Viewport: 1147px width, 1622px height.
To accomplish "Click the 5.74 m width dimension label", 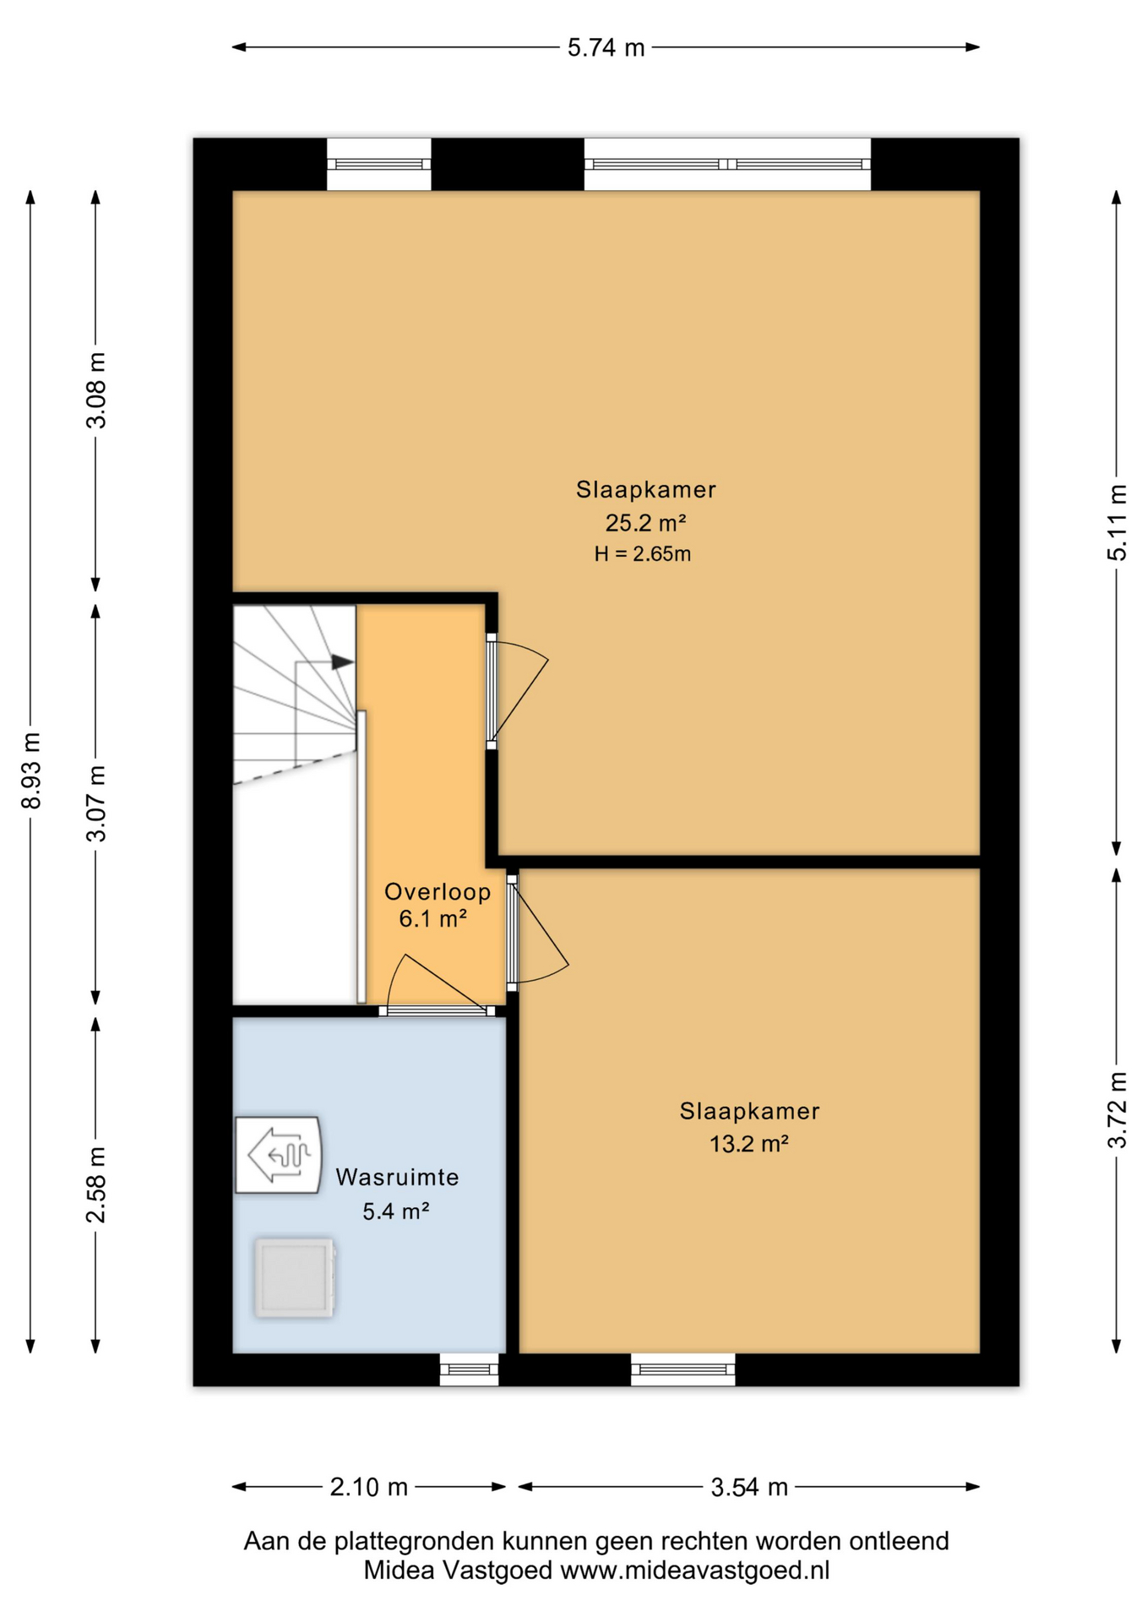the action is click(606, 48).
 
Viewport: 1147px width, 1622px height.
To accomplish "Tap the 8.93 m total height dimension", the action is click(31, 770).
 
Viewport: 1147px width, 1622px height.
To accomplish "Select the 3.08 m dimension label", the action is click(96, 390).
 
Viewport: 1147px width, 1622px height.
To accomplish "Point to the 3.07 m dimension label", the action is click(96, 803).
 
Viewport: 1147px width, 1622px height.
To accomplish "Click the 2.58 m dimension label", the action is click(96, 1184).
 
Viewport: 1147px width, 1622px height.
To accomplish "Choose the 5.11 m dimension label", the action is click(1117, 522).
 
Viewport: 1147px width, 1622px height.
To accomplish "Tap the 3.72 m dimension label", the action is click(1117, 1110).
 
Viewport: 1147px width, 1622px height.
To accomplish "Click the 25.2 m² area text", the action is click(645, 523).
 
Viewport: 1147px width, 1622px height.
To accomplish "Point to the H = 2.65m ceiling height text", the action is click(643, 554).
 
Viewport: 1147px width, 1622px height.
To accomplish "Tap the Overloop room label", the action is click(438, 891).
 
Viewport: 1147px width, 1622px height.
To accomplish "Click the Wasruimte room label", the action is click(397, 1177).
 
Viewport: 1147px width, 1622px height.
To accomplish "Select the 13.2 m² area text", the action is click(749, 1144).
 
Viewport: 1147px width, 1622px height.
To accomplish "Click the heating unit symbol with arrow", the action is click(278, 1155).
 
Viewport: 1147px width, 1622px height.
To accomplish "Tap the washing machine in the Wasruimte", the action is click(295, 1278).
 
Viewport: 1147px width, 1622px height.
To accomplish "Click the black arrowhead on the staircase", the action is click(342, 662).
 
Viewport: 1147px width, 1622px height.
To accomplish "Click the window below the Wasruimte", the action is click(469, 1369).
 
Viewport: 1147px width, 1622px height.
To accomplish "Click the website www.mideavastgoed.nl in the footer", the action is click(695, 1570).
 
